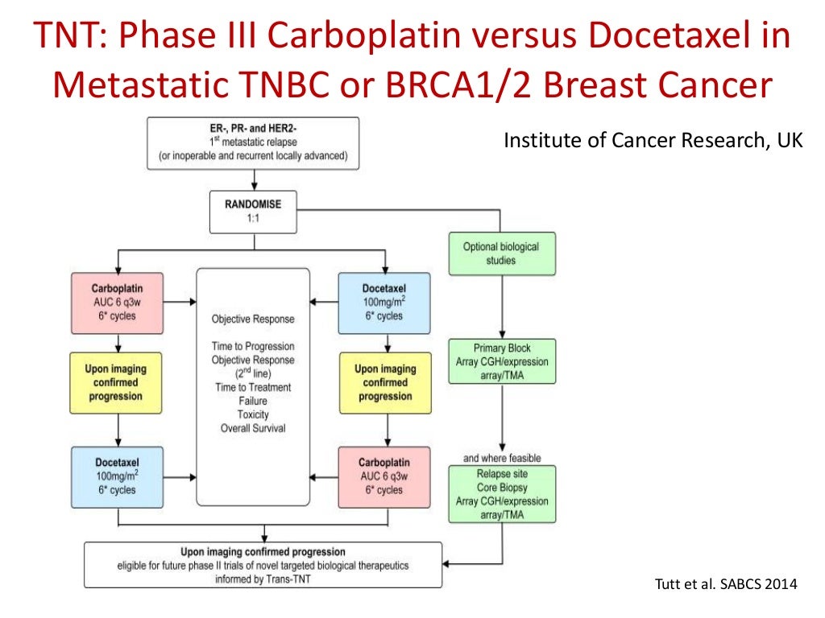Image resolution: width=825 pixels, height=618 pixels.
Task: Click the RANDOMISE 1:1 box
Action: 252,211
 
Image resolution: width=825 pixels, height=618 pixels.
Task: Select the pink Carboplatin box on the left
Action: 118,303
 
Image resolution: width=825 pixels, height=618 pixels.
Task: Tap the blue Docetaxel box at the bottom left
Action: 118,476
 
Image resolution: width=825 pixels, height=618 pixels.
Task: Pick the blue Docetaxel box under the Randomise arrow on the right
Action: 385,303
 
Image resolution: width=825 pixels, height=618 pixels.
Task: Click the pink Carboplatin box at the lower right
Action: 385,476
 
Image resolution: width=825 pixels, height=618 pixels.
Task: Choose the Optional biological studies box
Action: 501,253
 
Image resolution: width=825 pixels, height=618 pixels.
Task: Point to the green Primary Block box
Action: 502,361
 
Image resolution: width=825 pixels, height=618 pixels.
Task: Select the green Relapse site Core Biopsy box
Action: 501,493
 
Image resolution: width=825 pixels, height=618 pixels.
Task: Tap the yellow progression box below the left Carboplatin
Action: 118,382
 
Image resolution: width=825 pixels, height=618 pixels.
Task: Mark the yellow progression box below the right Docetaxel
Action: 385,382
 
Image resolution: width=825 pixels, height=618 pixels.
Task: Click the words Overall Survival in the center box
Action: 253,428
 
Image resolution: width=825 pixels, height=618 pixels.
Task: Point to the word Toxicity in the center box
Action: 253,414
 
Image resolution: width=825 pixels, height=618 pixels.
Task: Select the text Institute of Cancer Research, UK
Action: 653,142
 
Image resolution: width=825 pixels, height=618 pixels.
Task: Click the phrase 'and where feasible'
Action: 502,458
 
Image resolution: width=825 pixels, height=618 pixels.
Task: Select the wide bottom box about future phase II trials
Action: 263,565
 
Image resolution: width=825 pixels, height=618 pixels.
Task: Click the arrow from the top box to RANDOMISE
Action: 252,180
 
